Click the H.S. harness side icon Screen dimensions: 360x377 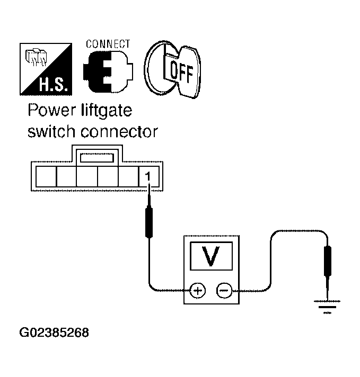[x=46, y=69]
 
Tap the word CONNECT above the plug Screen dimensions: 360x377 [x=108, y=44]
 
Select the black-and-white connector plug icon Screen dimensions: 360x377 [x=108, y=71]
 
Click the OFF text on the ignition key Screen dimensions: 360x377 [x=181, y=73]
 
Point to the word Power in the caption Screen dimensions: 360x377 [x=51, y=110]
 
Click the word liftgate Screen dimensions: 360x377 [x=107, y=111]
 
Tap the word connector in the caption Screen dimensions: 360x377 [x=119, y=132]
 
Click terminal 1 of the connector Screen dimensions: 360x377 [x=148, y=176]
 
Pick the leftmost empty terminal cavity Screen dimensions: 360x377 [x=46, y=176]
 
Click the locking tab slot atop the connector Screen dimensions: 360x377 [x=97, y=158]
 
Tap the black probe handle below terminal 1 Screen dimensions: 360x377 [x=149, y=222]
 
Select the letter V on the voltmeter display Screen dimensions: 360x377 [x=211, y=256]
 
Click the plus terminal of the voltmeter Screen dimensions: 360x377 [x=197, y=291]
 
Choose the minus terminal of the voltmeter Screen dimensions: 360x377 [x=224, y=291]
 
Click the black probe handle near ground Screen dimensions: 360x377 [x=328, y=261]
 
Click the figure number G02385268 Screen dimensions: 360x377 [x=54, y=333]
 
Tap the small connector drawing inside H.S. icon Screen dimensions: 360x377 [x=37, y=57]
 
